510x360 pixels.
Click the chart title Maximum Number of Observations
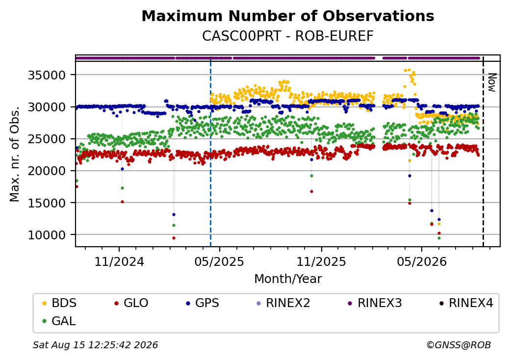point(288,16)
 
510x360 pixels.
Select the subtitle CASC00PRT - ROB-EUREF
point(288,36)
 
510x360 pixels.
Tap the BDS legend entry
point(59,303)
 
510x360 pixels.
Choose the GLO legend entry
point(131,303)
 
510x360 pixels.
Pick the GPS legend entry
point(203,303)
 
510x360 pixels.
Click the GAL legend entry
point(59,321)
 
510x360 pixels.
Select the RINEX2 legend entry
point(283,303)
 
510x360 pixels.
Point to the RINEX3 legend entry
point(375,303)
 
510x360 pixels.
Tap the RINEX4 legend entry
point(466,303)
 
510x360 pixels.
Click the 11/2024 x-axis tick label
point(119,261)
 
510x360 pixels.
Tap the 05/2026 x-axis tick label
point(422,261)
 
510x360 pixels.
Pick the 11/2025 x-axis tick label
point(321,261)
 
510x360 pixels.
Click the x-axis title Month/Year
point(288,279)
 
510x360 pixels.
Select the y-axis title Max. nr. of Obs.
point(15,154)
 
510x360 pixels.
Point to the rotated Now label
point(492,82)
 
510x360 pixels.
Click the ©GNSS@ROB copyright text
point(459,345)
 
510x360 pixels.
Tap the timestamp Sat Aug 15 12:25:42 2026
point(95,345)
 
